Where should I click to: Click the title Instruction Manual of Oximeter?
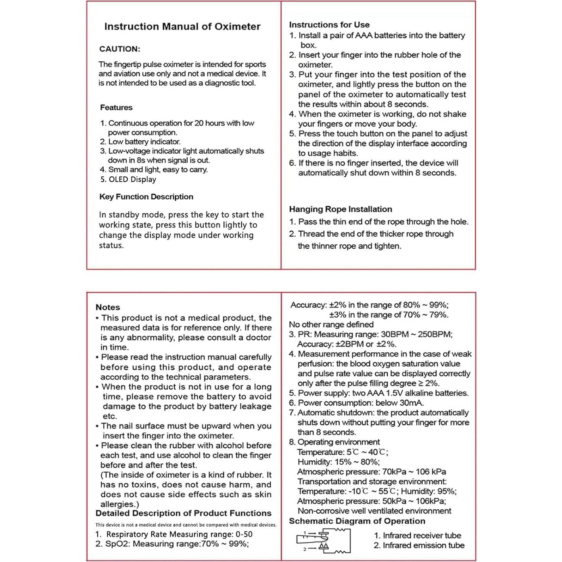[182, 27]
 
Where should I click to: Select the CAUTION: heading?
[120, 49]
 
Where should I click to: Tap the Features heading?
[116, 108]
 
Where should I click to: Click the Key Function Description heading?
[146, 197]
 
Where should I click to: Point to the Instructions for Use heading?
[329, 25]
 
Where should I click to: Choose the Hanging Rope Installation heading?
[341, 209]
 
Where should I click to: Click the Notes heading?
[108, 307]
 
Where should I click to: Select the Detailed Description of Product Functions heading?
[184, 514]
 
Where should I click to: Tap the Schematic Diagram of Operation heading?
[357, 521]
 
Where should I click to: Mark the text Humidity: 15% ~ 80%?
[338, 462]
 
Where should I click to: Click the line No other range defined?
[331, 325]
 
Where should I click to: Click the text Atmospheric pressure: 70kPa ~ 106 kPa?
[372, 472]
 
